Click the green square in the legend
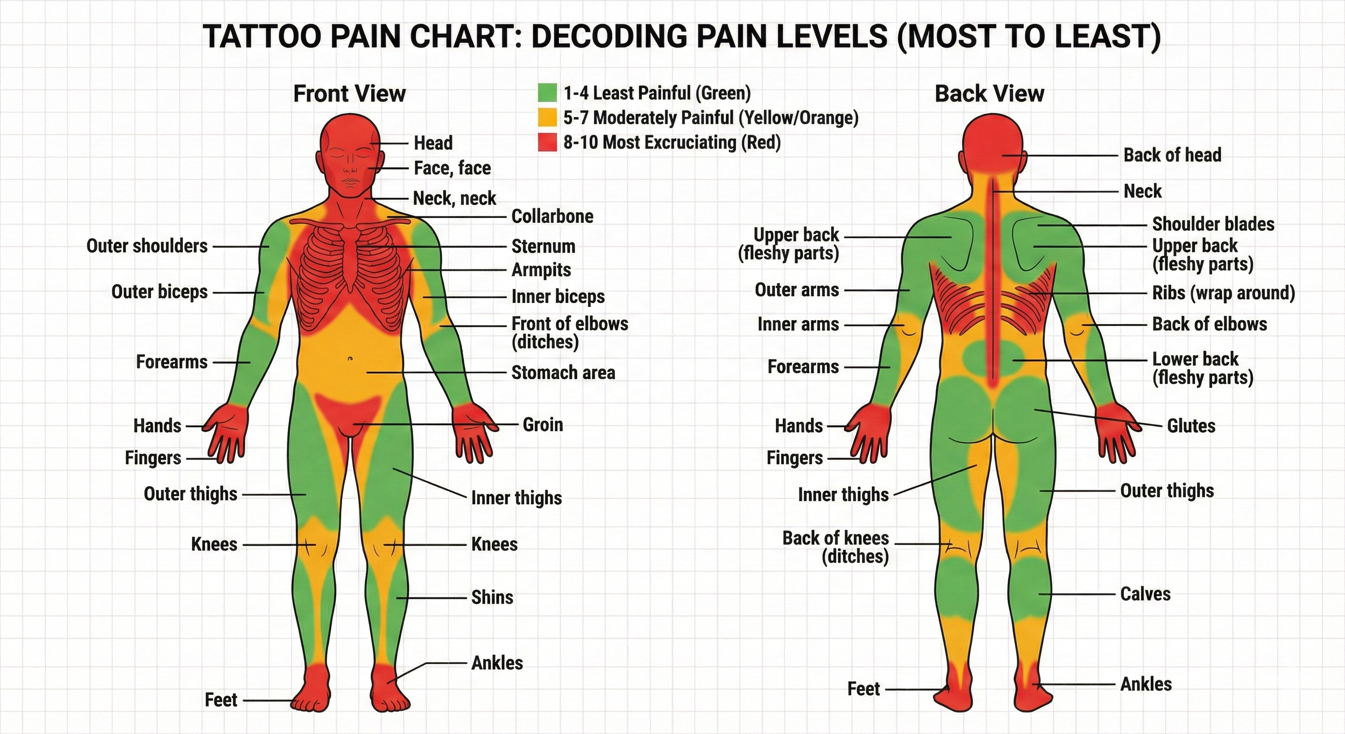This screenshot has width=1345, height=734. (x=547, y=93)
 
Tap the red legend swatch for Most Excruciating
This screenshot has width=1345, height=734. (x=547, y=142)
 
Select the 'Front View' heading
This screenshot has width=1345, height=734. (x=349, y=94)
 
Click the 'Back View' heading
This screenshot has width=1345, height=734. (x=989, y=94)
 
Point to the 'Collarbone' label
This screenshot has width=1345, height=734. (x=552, y=216)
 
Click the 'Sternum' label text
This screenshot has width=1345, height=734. (x=543, y=246)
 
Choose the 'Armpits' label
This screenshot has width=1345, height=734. (x=541, y=270)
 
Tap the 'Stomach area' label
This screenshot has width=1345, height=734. (x=563, y=372)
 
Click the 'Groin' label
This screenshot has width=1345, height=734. (x=543, y=425)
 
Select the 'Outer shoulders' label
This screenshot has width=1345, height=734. (x=147, y=246)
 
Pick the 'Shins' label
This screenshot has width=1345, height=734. (x=492, y=597)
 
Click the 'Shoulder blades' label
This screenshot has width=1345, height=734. (x=1213, y=224)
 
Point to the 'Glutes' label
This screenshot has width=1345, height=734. (x=1191, y=426)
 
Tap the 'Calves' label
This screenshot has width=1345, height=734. (x=1145, y=594)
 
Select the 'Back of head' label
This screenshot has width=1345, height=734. (x=1172, y=155)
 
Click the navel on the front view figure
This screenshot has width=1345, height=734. (x=350, y=358)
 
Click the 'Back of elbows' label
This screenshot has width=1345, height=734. (x=1209, y=324)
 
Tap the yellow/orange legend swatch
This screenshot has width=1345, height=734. (x=547, y=117)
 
